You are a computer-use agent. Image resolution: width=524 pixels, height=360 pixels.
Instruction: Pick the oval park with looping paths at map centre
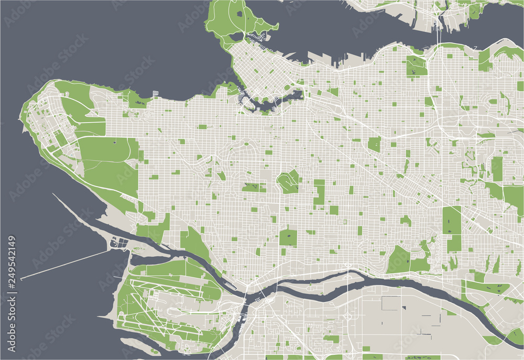pos(288,181)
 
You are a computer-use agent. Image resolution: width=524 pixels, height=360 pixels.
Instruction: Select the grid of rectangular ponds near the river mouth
pos(119,243)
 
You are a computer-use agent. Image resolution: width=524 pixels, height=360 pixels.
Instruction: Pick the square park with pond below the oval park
pos(288,237)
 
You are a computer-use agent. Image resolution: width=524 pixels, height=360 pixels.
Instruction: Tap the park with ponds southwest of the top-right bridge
pos(416,67)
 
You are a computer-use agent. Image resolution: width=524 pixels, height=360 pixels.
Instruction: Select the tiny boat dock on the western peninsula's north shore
pos(156,94)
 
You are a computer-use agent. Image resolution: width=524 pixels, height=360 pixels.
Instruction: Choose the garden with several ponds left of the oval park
pos(254,187)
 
